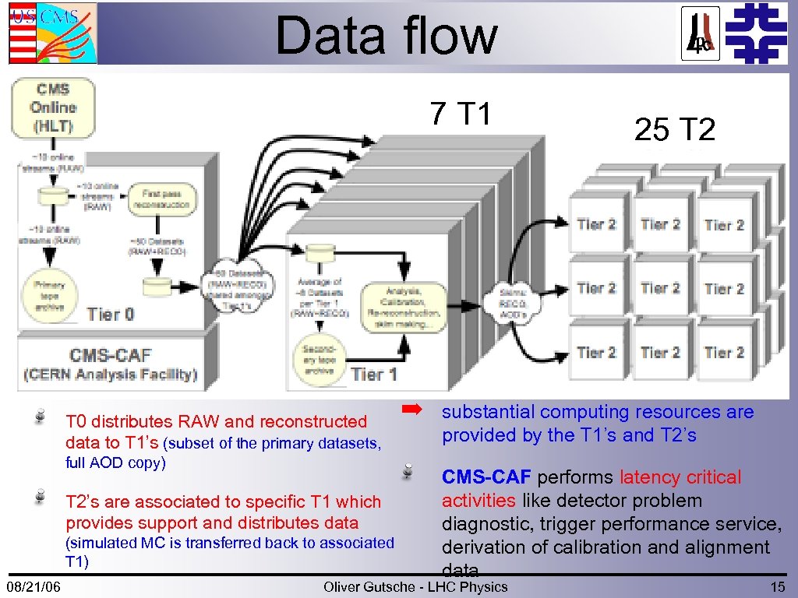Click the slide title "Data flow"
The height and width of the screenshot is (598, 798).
point(386,36)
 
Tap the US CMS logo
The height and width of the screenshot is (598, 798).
point(53,33)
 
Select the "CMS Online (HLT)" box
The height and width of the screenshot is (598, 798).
point(53,107)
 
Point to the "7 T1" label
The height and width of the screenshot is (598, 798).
point(461,114)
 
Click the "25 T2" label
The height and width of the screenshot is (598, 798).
point(674,130)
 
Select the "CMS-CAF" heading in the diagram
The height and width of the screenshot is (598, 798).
point(110,356)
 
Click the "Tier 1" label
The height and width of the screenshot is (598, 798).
point(374,375)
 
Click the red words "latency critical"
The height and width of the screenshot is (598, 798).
point(680,477)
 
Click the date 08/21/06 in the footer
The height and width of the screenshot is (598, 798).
point(35,586)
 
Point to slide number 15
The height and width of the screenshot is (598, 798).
point(777,586)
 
